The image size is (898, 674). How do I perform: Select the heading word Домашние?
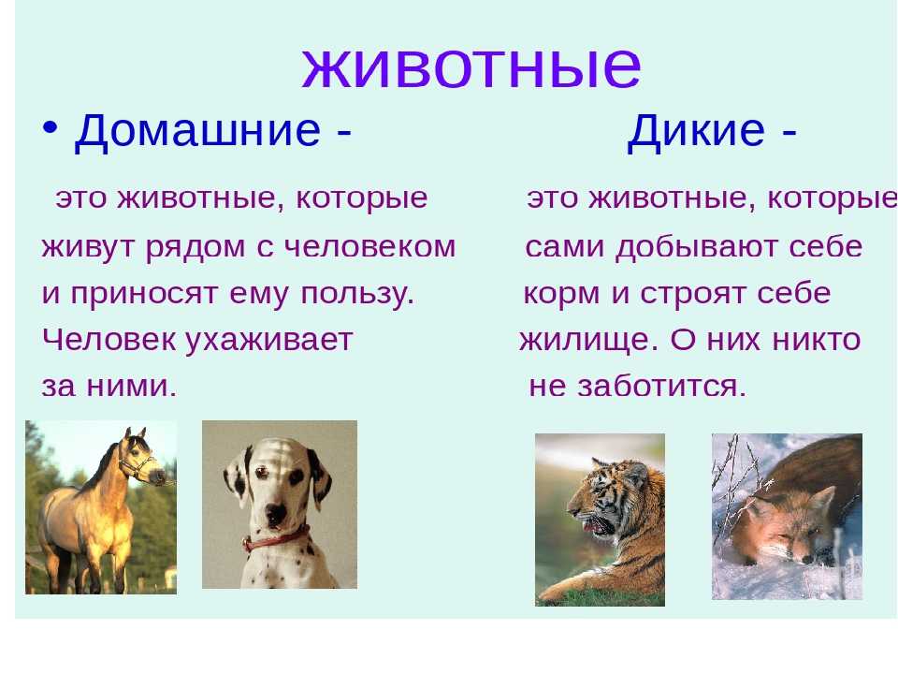[x=197, y=131]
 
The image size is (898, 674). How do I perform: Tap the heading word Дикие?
[x=696, y=131]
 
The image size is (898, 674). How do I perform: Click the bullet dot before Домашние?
[x=50, y=128]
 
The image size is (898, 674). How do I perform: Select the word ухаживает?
[x=269, y=340]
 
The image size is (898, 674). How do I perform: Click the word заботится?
[x=661, y=386]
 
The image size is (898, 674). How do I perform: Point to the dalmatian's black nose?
[x=275, y=512]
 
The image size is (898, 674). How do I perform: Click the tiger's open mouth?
[x=597, y=524]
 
